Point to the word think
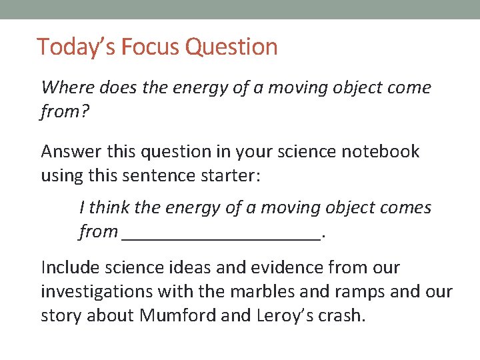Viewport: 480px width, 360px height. pyautogui.click(x=109, y=207)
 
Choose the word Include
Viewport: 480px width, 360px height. pyautogui.click(x=70, y=267)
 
